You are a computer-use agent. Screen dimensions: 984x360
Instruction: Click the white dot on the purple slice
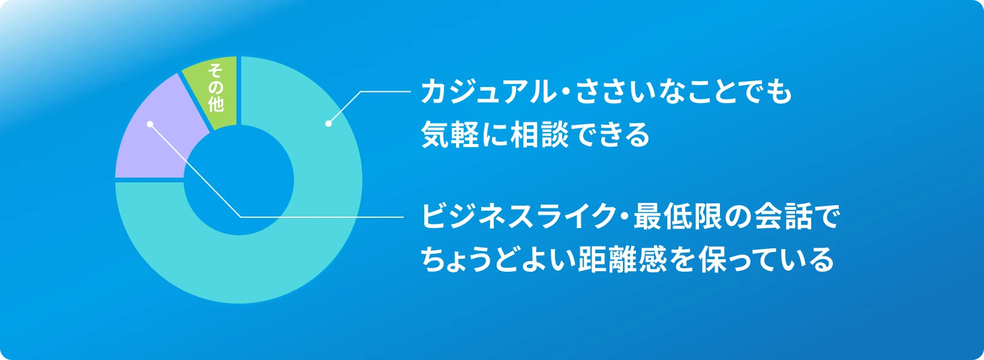click(150, 124)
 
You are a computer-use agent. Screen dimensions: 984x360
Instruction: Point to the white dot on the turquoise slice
click(328, 124)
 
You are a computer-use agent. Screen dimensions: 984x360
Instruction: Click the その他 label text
click(215, 88)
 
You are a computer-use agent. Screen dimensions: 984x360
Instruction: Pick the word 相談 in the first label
click(539, 134)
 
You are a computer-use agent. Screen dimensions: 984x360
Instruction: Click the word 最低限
click(677, 217)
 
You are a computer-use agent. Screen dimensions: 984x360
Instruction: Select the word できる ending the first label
click(611, 134)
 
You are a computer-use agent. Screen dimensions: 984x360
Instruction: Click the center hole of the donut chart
click(239, 180)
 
